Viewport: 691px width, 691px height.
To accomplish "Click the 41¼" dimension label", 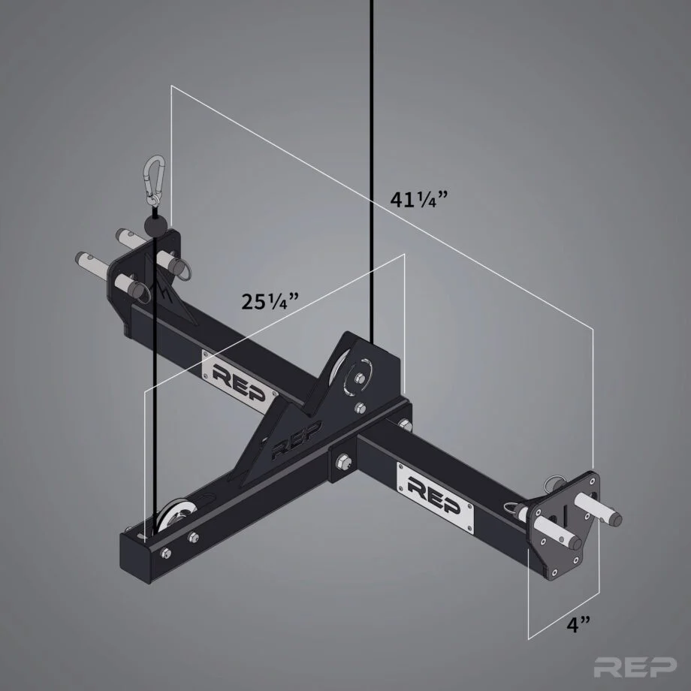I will click(420, 201).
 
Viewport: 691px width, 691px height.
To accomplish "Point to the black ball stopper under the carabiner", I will click(155, 225).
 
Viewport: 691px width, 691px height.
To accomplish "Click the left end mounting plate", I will click(147, 270).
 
